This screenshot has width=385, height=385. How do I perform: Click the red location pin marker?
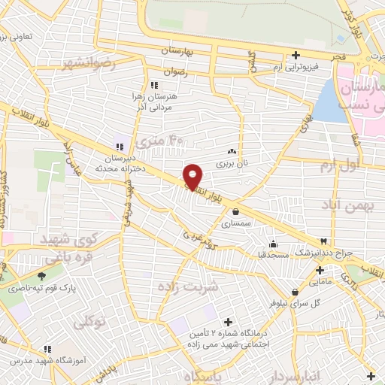[193, 176]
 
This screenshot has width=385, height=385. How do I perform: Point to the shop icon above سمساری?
[237, 211]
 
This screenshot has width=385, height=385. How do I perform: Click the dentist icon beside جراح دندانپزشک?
[324, 241]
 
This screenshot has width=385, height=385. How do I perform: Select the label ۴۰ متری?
[166, 140]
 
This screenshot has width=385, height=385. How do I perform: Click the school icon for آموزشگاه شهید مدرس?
[47, 350]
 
